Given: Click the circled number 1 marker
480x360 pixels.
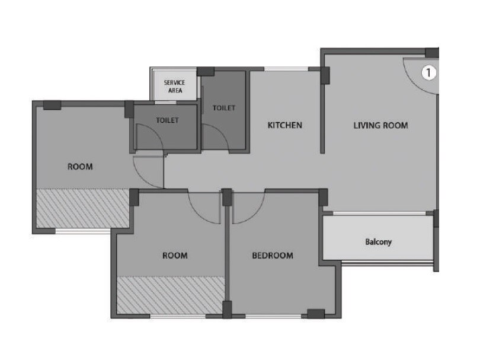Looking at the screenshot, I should click(428, 73).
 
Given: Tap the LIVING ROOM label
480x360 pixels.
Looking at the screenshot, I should click(380, 125).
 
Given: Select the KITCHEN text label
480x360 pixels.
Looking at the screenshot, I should click(285, 125).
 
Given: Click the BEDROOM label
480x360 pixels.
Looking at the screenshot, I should click(273, 256).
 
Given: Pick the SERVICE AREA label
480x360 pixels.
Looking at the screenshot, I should click(174, 87).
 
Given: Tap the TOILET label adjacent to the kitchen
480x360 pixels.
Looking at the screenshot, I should click(224, 108).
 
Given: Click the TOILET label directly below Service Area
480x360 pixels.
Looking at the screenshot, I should click(167, 120).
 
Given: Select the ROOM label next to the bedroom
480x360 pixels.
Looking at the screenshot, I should click(175, 256).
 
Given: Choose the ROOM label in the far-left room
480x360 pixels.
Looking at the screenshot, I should click(80, 167).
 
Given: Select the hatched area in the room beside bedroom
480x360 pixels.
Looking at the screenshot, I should click(170, 295).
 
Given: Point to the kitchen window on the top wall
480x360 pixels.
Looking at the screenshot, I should click(286, 70).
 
